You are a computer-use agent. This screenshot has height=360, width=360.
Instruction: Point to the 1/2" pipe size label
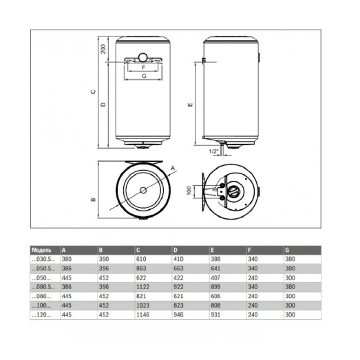coord(214,150)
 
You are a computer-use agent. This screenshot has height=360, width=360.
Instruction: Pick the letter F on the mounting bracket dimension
coord(142,67)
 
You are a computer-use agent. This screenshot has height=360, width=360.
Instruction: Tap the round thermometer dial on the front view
coord(142,56)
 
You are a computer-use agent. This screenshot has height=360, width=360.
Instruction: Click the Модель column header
coord(42,249)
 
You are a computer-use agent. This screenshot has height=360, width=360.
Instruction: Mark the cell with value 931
coord(217,314)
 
